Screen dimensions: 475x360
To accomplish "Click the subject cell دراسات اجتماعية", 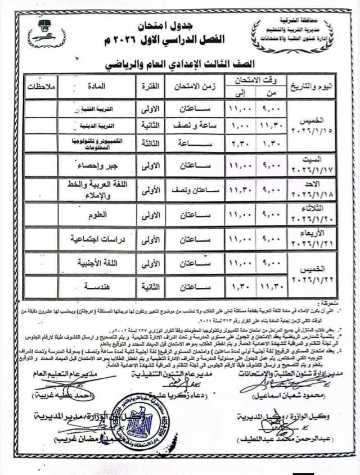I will (93, 239).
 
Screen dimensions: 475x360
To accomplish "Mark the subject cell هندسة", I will (93, 287).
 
